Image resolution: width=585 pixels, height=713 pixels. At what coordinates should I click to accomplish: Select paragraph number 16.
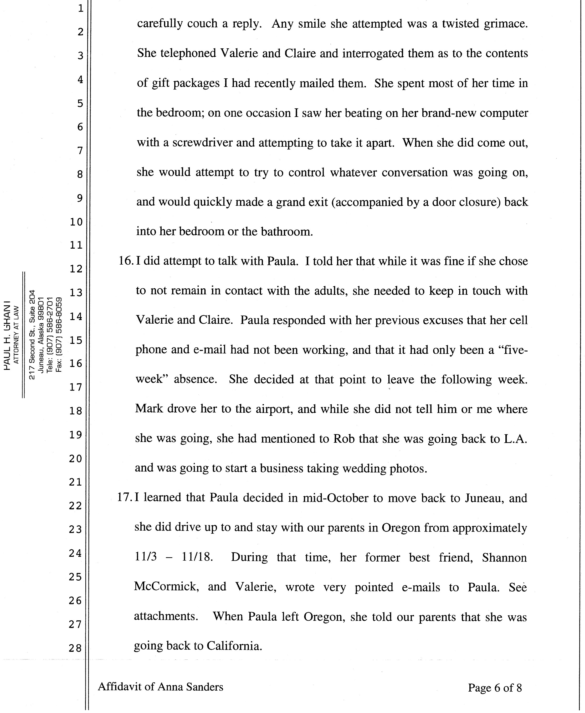coord(126,261)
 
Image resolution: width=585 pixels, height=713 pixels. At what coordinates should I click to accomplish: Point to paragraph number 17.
coord(125,497)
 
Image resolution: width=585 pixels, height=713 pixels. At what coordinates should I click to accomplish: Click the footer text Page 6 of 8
coord(495,688)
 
